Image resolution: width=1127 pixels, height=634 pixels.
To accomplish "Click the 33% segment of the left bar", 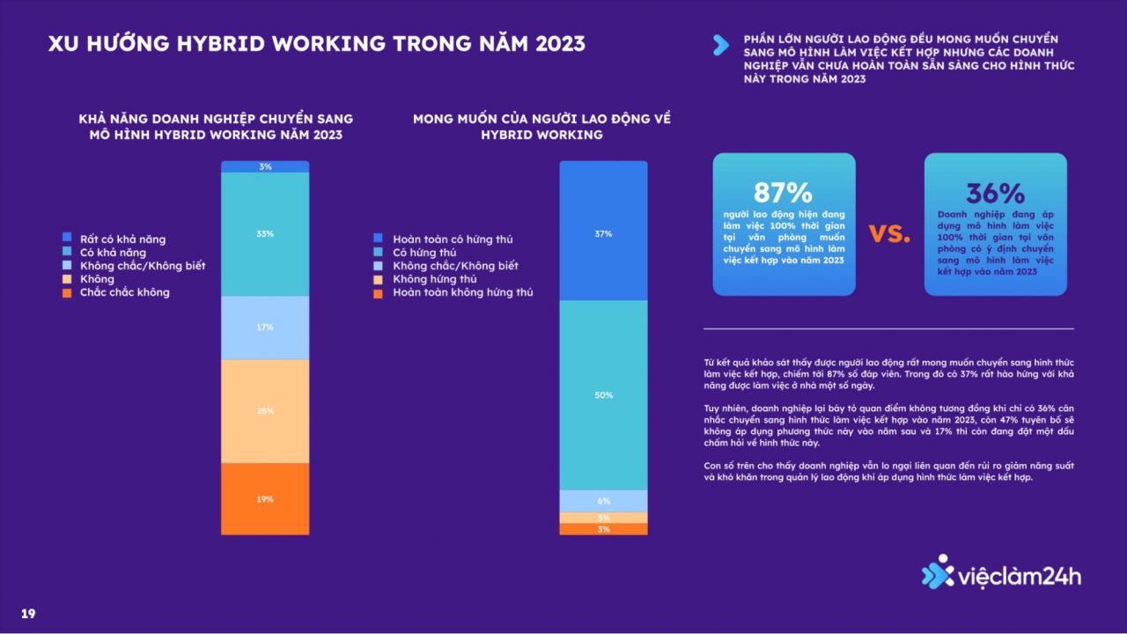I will coord(265,234).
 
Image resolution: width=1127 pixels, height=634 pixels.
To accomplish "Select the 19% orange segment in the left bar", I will coord(265,498).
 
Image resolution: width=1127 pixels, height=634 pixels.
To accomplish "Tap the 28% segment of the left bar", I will coord(265,411).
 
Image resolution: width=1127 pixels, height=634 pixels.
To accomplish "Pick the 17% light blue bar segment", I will coord(265,328).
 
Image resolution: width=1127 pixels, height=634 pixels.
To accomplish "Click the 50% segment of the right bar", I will coord(603,395).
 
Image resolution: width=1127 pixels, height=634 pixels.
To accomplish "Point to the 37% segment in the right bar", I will coord(603,234).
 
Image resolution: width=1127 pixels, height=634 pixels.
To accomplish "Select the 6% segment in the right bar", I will coord(603,501).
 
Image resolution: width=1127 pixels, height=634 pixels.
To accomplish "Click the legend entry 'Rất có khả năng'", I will coord(122,240).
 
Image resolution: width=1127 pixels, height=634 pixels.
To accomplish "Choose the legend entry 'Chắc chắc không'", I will coord(124,292).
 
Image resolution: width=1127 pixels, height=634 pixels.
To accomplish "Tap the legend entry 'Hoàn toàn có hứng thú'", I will coord(453,240).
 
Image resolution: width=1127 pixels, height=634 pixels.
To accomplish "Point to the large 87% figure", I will coord(783,193).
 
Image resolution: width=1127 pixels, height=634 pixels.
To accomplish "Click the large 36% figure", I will coord(995,193).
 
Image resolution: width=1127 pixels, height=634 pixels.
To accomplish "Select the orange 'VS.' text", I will coord(889,233).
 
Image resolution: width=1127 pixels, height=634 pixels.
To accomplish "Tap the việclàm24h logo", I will coord(1001,576).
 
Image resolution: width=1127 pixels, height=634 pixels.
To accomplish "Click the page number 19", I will coord(28,614).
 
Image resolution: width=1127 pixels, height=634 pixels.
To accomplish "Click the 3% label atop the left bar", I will coord(265,166).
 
